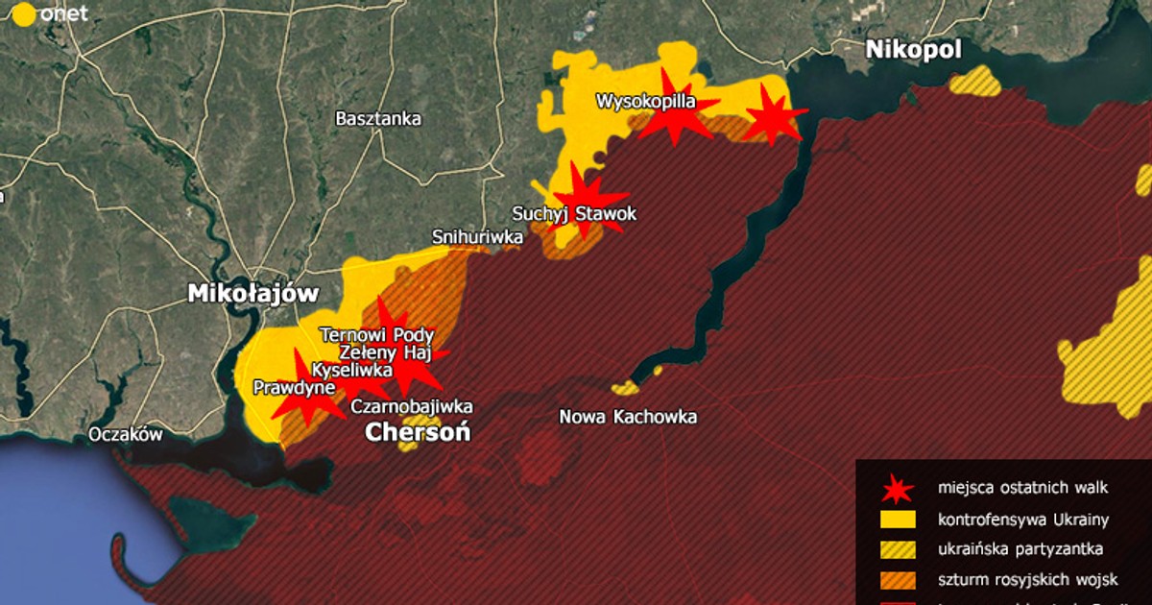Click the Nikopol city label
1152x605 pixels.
point(913,50)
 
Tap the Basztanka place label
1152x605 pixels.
point(378,119)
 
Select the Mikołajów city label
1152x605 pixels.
point(252,294)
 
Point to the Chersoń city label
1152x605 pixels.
point(418,433)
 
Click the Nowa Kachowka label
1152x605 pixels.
point(628,417)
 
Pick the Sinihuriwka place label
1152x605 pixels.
point(477,236)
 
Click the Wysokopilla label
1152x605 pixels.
point(645,100)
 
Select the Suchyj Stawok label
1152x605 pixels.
point(574,214)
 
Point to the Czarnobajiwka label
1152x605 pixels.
point(412,406)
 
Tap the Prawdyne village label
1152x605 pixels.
point(293,388)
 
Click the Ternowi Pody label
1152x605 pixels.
point(376,335)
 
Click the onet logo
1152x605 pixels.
point(48,14)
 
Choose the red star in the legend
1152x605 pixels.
point(897,491)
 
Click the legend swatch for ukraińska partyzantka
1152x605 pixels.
point(897,550)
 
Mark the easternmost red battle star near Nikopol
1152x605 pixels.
point(771,115)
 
